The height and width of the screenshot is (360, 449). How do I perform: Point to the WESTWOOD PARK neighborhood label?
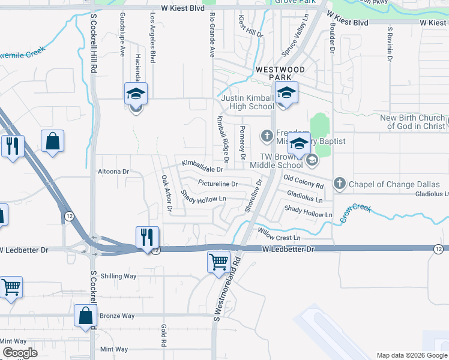280,74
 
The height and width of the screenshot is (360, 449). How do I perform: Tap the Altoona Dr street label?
113,172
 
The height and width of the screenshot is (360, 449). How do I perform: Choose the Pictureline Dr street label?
217,184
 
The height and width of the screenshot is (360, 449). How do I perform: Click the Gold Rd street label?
163,335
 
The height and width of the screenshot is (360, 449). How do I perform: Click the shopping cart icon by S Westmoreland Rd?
218,262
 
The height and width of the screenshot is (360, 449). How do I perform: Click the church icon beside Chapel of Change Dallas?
339,183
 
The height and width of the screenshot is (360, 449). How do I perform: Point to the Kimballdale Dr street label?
202,166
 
